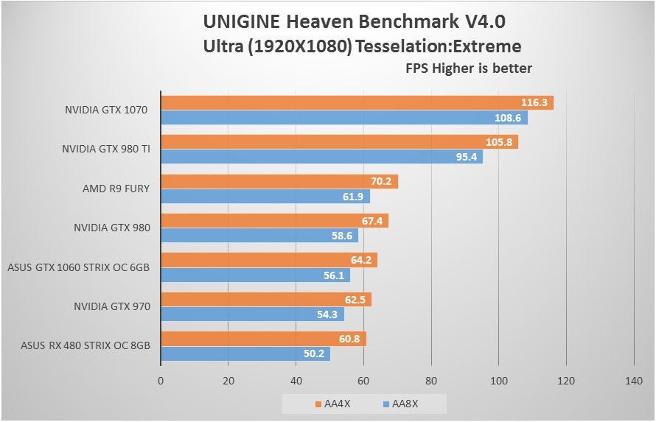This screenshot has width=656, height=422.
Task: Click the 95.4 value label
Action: pos(467,157)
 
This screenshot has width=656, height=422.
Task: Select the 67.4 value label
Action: pos(373,221)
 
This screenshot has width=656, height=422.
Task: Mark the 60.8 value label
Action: pos(350,340)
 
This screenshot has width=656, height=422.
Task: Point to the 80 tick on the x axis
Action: pos(431,381)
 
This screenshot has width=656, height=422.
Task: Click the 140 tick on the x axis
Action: pos(634,381)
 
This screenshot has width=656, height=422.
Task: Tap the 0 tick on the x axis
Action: pos(161,381)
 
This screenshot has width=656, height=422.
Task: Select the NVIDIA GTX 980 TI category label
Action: pos(106,149)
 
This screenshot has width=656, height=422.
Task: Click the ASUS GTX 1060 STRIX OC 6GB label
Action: pos(78,267)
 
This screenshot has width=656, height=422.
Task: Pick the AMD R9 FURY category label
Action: pos(116,189)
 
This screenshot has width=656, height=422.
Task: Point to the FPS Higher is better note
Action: pos(469,68)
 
